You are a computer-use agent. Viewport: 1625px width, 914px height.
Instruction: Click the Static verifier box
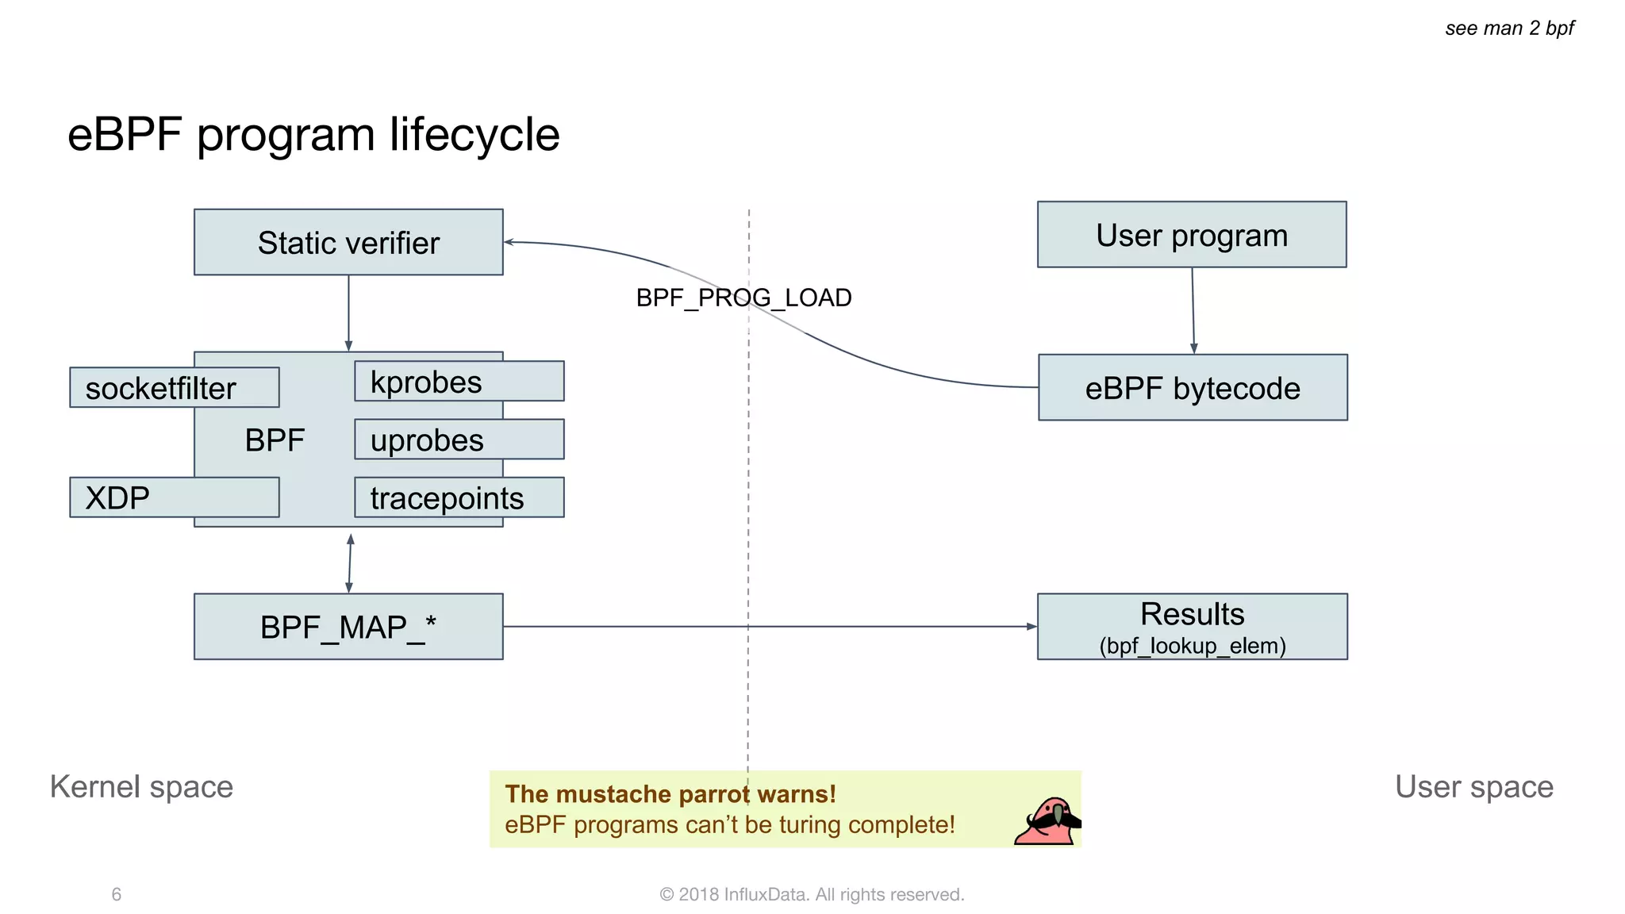coord(348,242)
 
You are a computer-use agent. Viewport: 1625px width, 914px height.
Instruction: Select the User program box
coord(1191,235)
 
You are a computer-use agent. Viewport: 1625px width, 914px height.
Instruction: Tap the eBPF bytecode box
coord(1192,387)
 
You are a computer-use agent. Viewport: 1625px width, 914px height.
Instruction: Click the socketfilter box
coord(174,387)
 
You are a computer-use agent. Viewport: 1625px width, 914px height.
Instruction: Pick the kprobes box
coord(459,382)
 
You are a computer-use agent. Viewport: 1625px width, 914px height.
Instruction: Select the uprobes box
coord(459,440)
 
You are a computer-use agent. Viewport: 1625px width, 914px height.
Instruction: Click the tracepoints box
coord(459,497)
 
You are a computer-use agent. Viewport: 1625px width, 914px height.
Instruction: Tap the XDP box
coord(174,497)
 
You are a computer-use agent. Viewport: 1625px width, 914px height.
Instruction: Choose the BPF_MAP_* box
coord(348,627)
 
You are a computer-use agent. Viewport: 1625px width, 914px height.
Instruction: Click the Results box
coord(1192,627)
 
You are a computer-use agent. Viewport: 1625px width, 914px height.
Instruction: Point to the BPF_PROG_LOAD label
coord(743,298)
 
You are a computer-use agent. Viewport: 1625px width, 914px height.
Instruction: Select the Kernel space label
coord(141,786)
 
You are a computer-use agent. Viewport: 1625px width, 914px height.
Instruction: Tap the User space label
coord(1473,786)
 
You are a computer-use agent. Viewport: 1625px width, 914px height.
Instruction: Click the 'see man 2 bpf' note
coord(1509,29)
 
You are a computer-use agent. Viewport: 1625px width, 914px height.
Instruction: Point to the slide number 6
coord(117,894)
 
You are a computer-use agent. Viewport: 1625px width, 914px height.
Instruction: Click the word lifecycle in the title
coord(474,134)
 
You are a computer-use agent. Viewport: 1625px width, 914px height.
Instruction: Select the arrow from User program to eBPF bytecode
coord(1193,310)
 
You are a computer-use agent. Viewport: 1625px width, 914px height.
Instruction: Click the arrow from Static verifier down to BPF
coord(348,313)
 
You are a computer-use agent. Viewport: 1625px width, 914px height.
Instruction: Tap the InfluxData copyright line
coord(812,894)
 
